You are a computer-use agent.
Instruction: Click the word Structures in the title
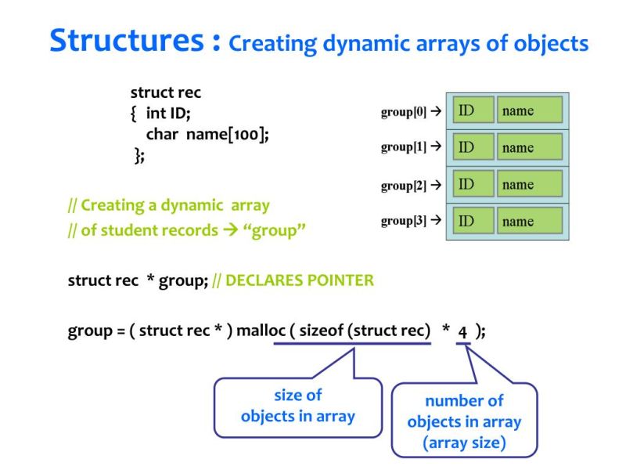pos(129,40)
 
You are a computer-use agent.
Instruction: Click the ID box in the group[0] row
pos(473,110)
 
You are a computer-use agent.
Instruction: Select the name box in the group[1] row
pos(530,147)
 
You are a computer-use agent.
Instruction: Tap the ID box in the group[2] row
pos(473,184)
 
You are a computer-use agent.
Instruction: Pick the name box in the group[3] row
pos(530,221)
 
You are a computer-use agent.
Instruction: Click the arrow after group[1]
pos(436,147)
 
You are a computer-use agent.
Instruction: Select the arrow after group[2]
pos(436,185)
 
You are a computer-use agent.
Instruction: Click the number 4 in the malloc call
pos(463,331)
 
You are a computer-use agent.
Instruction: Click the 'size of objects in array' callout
pos(297,405)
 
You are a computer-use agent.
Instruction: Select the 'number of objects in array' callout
pos(464,421)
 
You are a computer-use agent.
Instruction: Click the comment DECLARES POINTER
pos(299,280)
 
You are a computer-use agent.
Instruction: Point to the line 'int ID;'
pos(167,114)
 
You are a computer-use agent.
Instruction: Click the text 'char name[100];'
pos(207,134)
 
